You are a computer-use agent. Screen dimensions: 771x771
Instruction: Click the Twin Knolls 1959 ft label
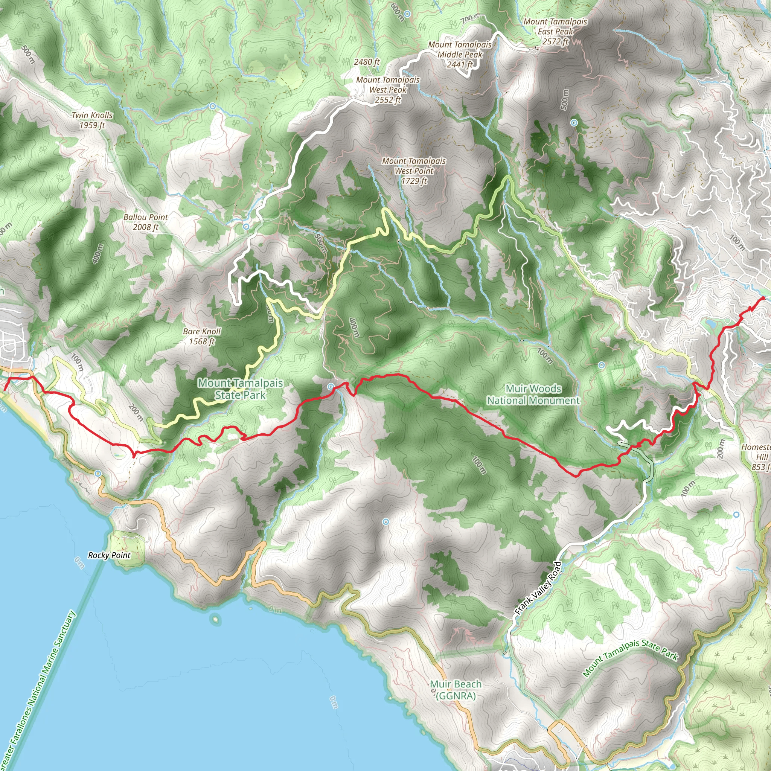(92, 120)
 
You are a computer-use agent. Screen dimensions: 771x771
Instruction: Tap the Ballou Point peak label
(146, 222)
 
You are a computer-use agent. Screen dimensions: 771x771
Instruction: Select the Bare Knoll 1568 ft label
(201, 336)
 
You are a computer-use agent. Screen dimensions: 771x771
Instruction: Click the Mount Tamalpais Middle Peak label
(460, 54)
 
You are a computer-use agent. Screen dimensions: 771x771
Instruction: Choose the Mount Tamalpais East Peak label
(555, 31)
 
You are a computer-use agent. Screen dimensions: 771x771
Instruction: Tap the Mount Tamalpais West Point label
(414, 171)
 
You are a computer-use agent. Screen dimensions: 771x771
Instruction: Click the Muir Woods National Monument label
(533, 394)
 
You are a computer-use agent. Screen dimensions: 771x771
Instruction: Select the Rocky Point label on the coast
(109, 555)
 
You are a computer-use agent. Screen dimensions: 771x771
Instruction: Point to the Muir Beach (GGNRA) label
(456, 690)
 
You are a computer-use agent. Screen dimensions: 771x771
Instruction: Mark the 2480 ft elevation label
(366, 62)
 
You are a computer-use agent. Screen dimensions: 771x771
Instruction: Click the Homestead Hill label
(757, 457)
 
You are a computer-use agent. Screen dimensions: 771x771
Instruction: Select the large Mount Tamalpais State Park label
(240, 389)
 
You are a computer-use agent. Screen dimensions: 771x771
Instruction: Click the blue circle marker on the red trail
(331, 387)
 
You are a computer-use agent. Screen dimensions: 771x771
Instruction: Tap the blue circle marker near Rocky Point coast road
(98, 473)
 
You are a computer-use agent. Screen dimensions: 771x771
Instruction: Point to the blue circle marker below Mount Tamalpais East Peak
(574, 122)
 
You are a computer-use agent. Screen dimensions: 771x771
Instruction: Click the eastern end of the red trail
(763, 297)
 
